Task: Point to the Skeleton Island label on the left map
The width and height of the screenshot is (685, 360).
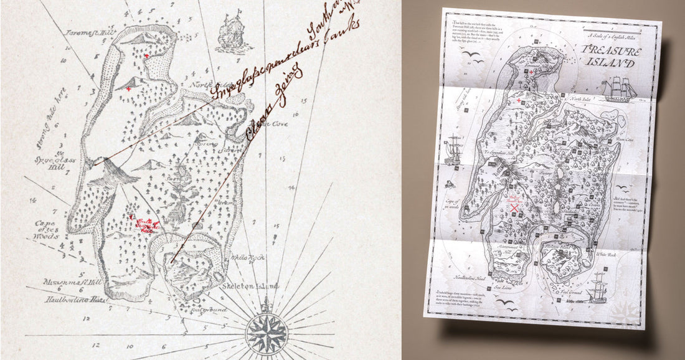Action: [x=251, y=287]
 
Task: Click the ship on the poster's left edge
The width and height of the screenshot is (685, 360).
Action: [x=453, y=149]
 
